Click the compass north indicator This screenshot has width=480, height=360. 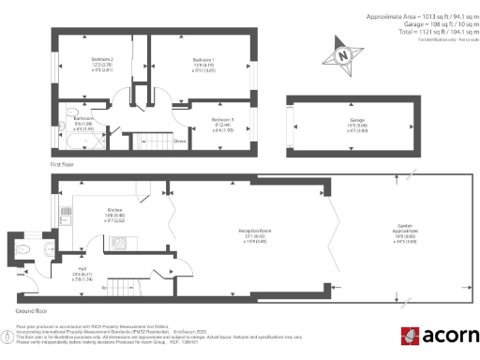(345, 54)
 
